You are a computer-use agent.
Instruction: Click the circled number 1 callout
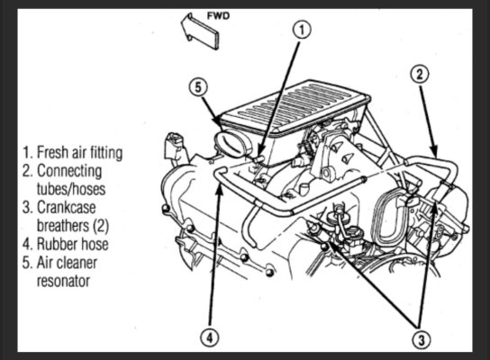click(302, 31)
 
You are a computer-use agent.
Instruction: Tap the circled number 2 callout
click(420, 75)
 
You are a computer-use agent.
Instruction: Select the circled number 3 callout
click(421, 339)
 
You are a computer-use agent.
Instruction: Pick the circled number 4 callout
click(209, 337)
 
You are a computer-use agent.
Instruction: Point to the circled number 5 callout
click(198, 87)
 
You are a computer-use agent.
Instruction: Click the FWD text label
click(219, 16)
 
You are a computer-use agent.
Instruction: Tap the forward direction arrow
click(200, 31)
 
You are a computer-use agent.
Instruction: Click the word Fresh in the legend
click(53, 152)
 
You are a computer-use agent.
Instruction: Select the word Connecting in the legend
click(69, 171)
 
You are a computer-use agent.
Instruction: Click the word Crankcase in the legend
click(67, 207)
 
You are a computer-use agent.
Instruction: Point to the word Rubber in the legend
click(57, 244)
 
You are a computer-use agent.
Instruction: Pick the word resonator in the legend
click(63, 281)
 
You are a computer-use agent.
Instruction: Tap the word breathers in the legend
click(63, 225)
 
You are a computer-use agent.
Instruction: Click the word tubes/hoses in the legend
click(71, 189)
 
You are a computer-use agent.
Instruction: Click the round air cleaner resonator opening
click(231, 145)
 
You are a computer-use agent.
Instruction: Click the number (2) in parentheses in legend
click(101, 226)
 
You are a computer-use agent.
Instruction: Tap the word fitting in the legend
click(106, 153)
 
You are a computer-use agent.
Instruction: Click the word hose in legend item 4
click(94, 244)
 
